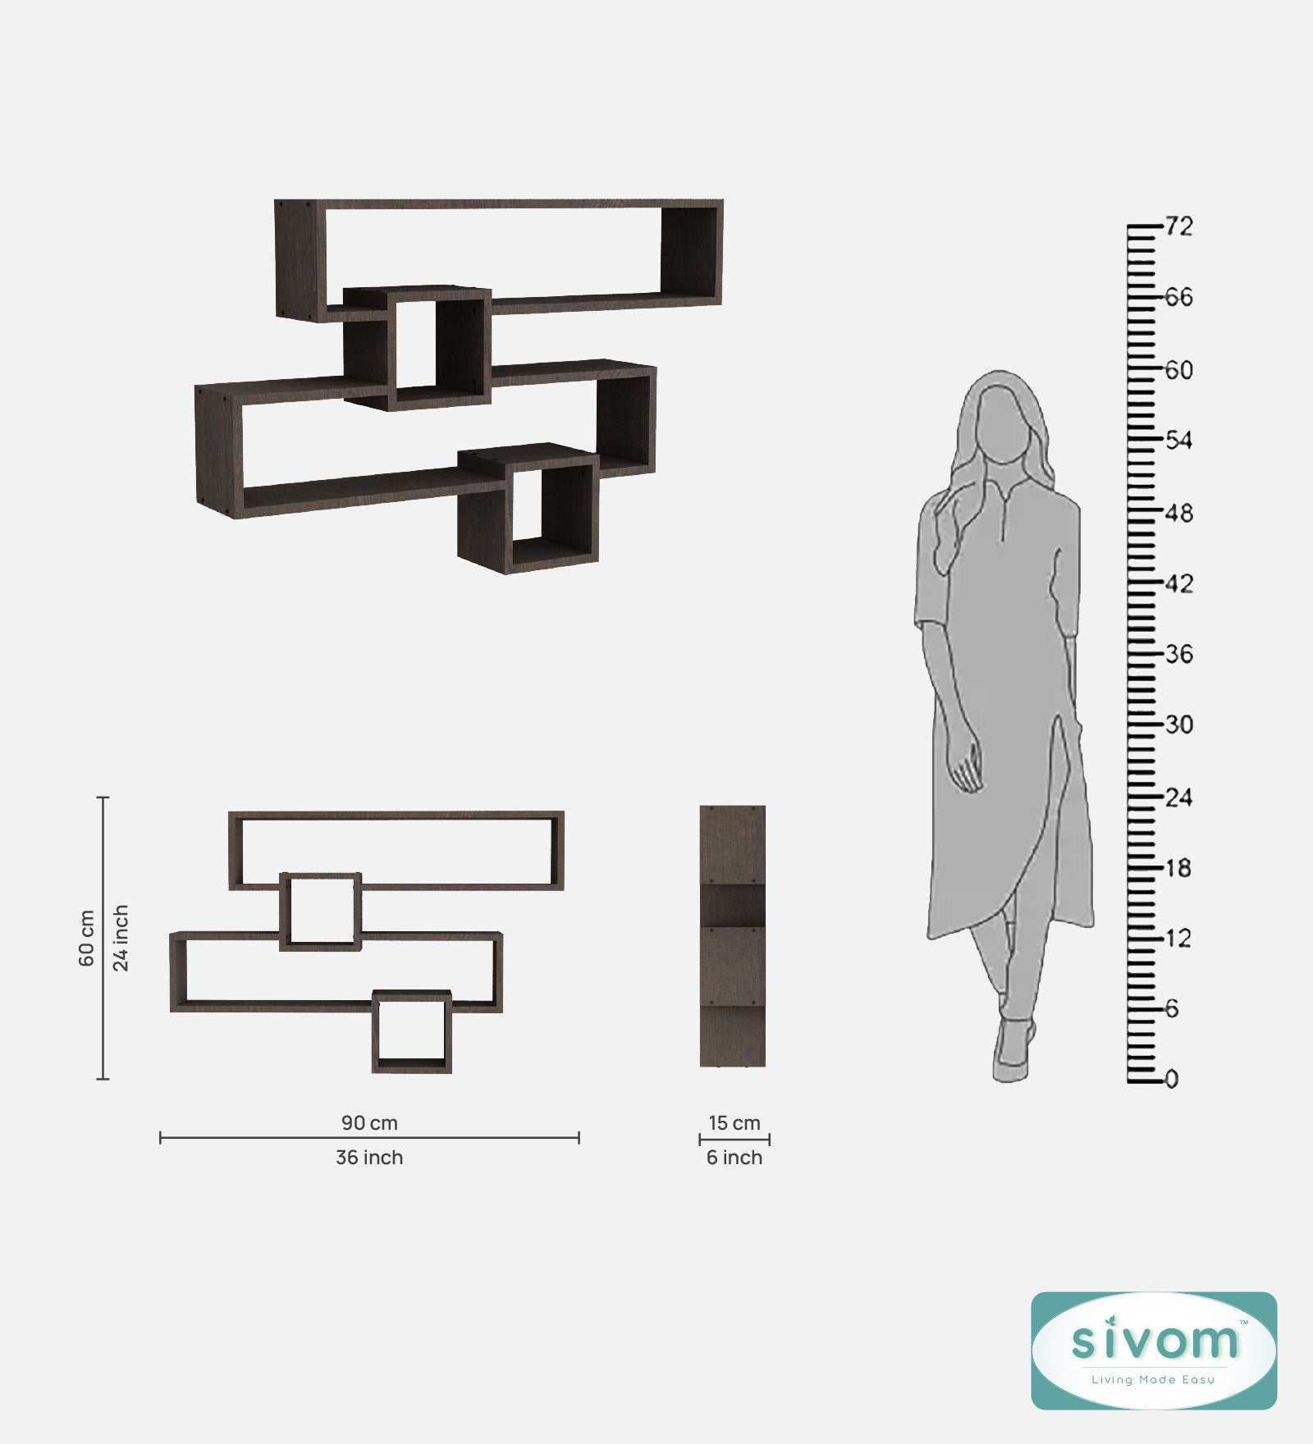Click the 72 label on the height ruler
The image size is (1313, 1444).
coord(1178,226)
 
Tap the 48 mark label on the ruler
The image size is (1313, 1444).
coord(1178,514)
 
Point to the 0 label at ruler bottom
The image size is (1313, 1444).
coord(1172,1079)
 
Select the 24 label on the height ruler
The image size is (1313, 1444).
coord(1178,797)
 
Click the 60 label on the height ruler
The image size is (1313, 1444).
coord(1178,370)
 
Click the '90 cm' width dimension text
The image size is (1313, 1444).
coord(369,1122)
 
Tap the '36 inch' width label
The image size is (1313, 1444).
coord(369,1158)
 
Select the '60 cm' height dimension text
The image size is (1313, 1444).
coord(87,938)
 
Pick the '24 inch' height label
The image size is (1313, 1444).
coord(121,938)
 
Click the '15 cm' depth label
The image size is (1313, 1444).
coord(734,1122)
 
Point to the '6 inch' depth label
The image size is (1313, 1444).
coord(734,1158)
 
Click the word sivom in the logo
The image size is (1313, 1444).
coord(1154,1341)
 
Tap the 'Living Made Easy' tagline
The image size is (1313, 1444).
coord(1153,1379)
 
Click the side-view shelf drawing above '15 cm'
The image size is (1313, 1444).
coord(733,936)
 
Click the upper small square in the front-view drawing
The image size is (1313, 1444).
coord(321,912)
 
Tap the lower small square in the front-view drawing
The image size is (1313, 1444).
coord(412,1031)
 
